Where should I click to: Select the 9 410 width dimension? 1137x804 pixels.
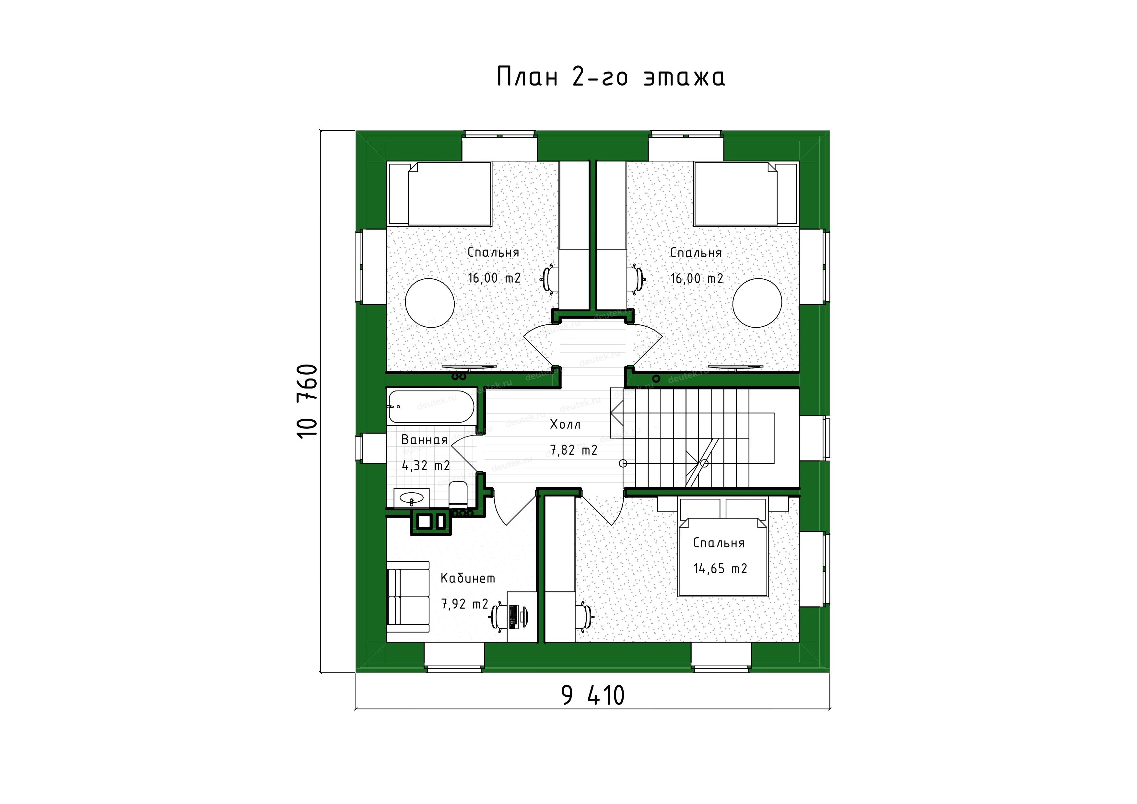593,695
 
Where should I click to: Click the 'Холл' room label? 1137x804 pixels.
565,424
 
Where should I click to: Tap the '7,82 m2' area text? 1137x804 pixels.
574,450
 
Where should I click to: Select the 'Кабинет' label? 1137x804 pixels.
467,578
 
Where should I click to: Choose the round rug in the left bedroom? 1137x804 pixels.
430,303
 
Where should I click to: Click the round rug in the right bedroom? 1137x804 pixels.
757,303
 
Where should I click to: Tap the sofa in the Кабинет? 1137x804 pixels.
407,597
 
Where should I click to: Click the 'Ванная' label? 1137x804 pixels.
424,440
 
